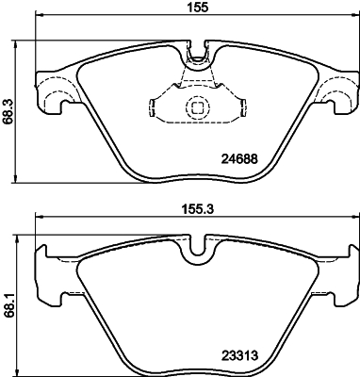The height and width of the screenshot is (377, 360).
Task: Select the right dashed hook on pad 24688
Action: (x=335, y=92)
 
